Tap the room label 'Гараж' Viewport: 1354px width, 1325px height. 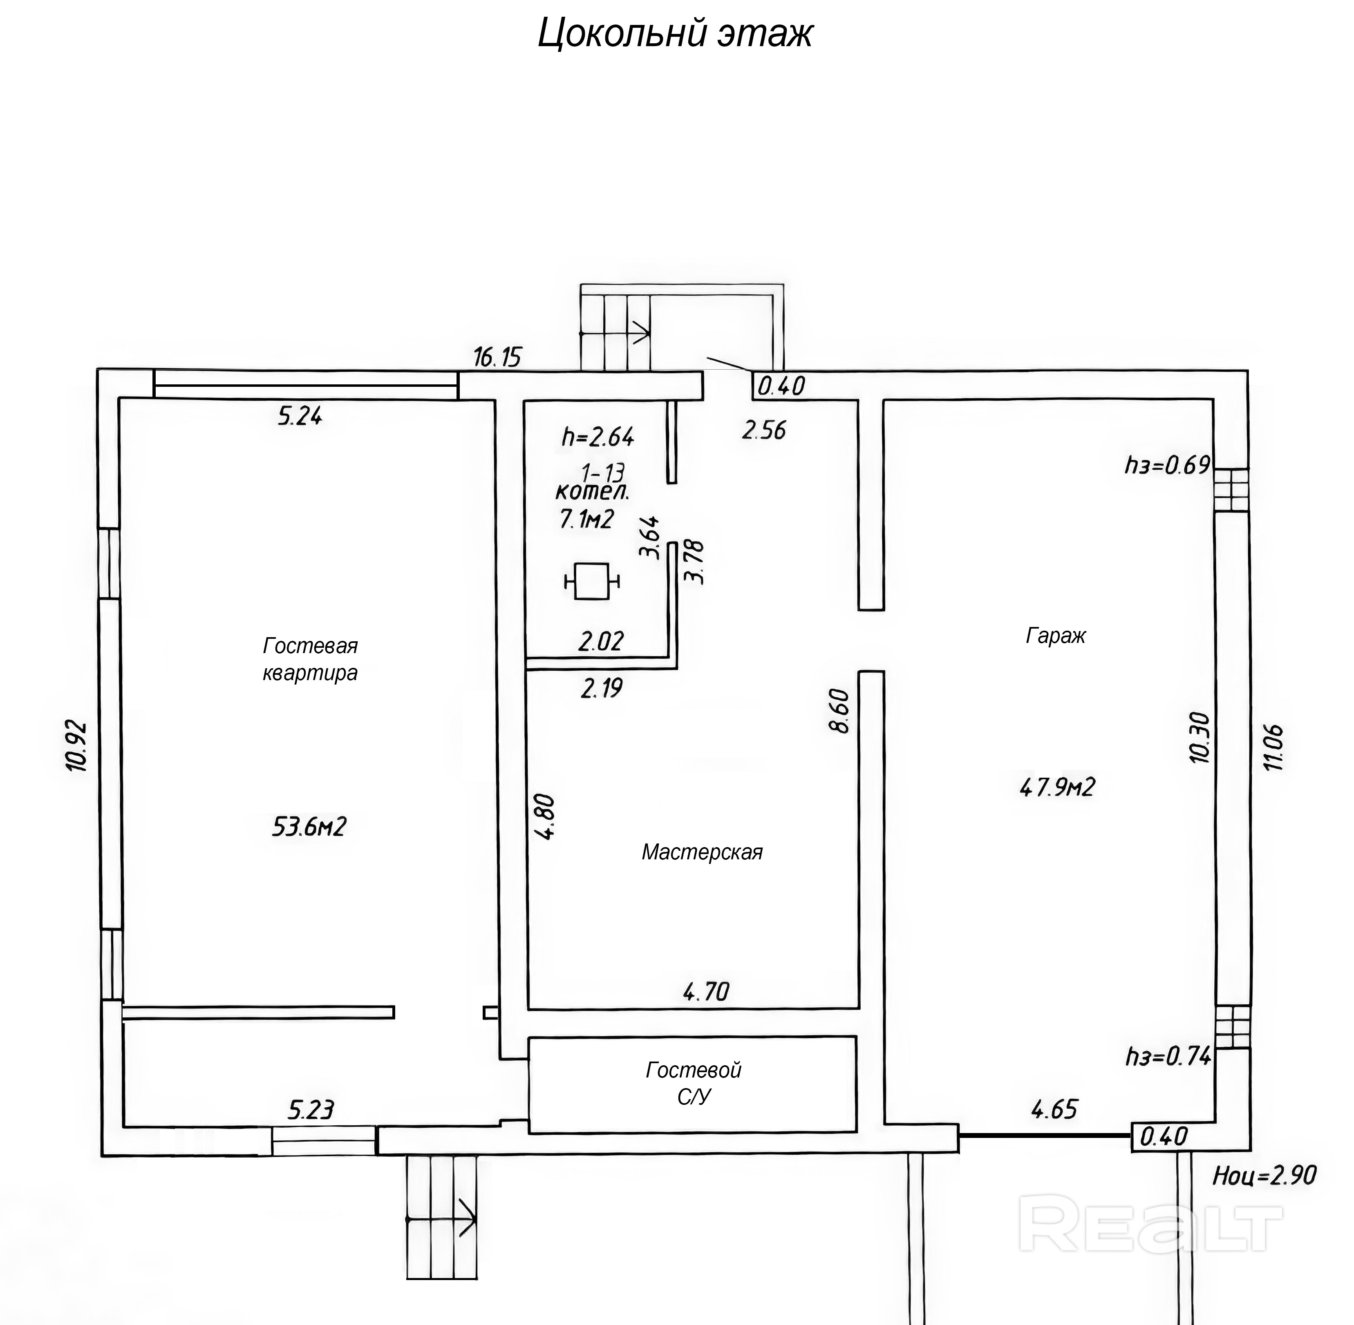pos(1055,636)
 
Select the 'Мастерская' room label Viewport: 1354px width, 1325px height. pos(702,852)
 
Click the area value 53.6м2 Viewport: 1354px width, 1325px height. pos(309,827)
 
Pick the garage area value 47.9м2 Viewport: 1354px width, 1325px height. pos(1057,787)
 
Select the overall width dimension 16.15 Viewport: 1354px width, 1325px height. pos(497,357)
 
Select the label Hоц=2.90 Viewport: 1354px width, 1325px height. pos(1264,1176)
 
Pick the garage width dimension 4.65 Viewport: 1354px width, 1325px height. pos(1054,1109)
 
